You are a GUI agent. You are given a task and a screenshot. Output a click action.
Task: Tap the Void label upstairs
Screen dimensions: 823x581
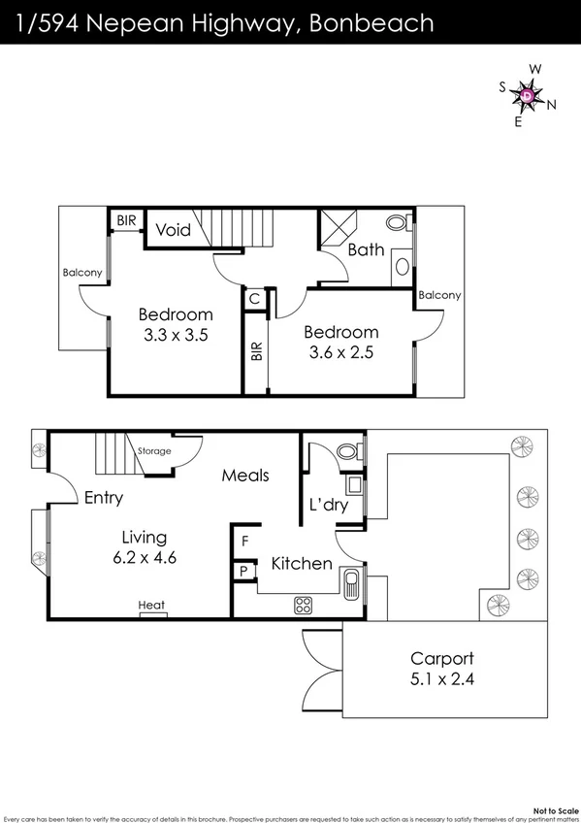pos(174,231)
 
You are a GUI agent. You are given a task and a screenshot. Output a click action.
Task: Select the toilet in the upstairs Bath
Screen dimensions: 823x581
pos(398,223)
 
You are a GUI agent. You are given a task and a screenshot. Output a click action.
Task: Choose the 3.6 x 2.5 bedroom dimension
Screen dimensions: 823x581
pos(339,351)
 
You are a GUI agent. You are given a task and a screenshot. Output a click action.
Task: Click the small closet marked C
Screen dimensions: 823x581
pos(253,299)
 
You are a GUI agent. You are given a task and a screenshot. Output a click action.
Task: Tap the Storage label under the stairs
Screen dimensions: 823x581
pos(154,451)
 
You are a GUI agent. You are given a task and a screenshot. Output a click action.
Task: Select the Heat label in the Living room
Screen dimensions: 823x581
pos(151,606)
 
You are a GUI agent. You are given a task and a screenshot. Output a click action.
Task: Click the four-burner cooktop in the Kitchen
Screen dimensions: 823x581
pos(303,605)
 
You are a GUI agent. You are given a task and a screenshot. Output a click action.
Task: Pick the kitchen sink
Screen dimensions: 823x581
pos(351,583)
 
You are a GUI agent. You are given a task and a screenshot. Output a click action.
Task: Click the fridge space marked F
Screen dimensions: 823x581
pos(245,540)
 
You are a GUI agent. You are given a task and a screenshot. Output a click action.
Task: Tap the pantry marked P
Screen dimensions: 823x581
pos(244,571)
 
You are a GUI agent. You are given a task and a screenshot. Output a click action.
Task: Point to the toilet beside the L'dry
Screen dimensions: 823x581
pos(346,451)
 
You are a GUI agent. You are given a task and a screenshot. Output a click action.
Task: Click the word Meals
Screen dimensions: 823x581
pos(245,476)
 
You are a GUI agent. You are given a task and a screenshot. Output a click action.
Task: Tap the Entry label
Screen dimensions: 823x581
pos(104,498)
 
